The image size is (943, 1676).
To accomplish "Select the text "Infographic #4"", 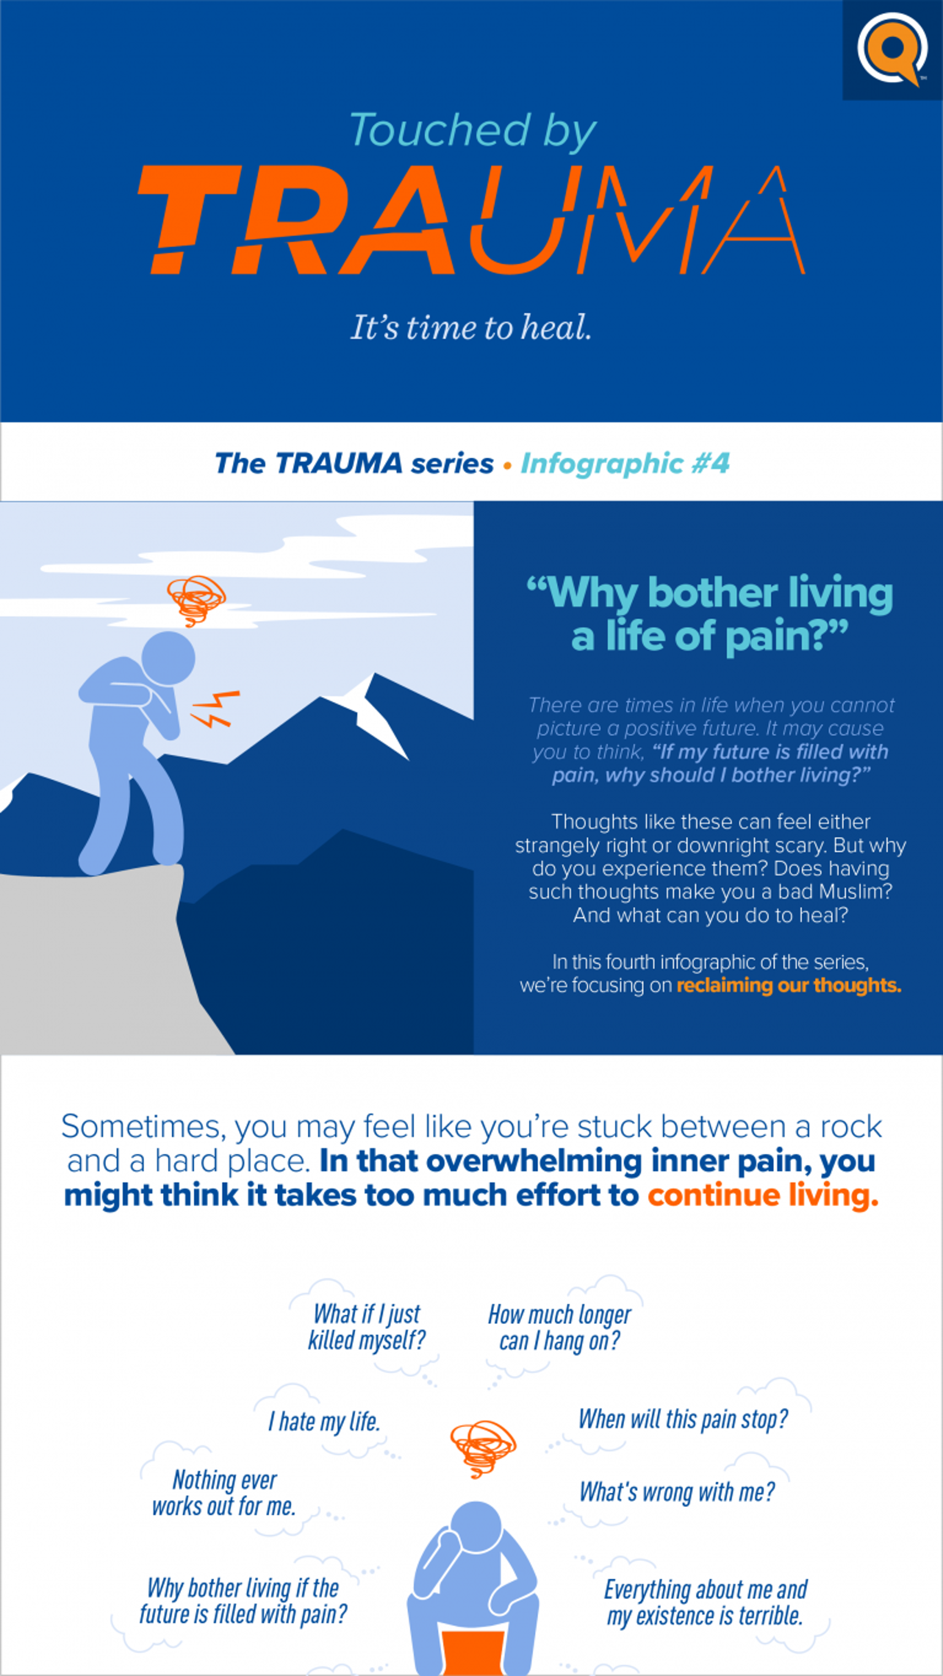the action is point(625,463).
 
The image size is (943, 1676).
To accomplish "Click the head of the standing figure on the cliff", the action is point(168,658).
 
